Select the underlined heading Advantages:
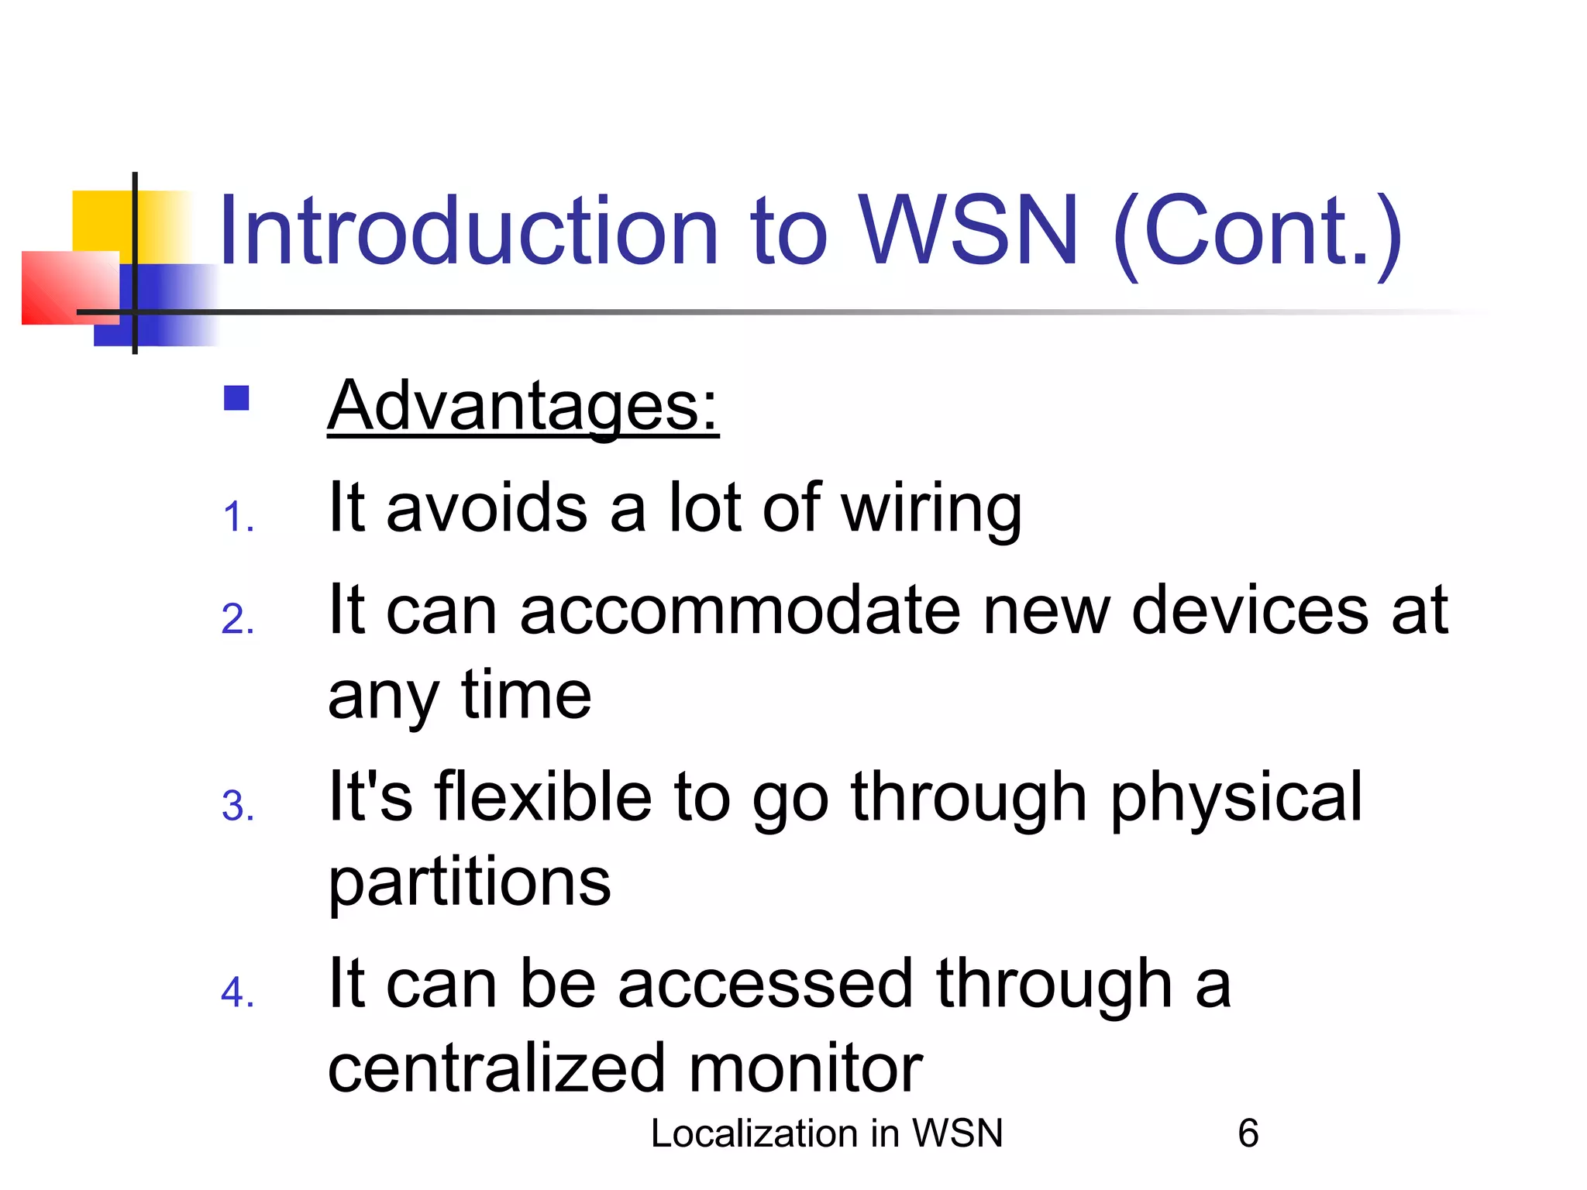(x=523, y=406)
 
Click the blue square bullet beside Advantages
(x=236, y=398)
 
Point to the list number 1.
(x=237, y=518)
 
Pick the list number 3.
(x=237, y=807)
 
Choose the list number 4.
(x=237, y=993)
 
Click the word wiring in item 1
(x=931, y=510)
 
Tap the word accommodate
(x=739, y=610)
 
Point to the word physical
(x=1236, y=798)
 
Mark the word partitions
(x=470, y=883)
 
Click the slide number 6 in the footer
(x=1248, y=1133)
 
